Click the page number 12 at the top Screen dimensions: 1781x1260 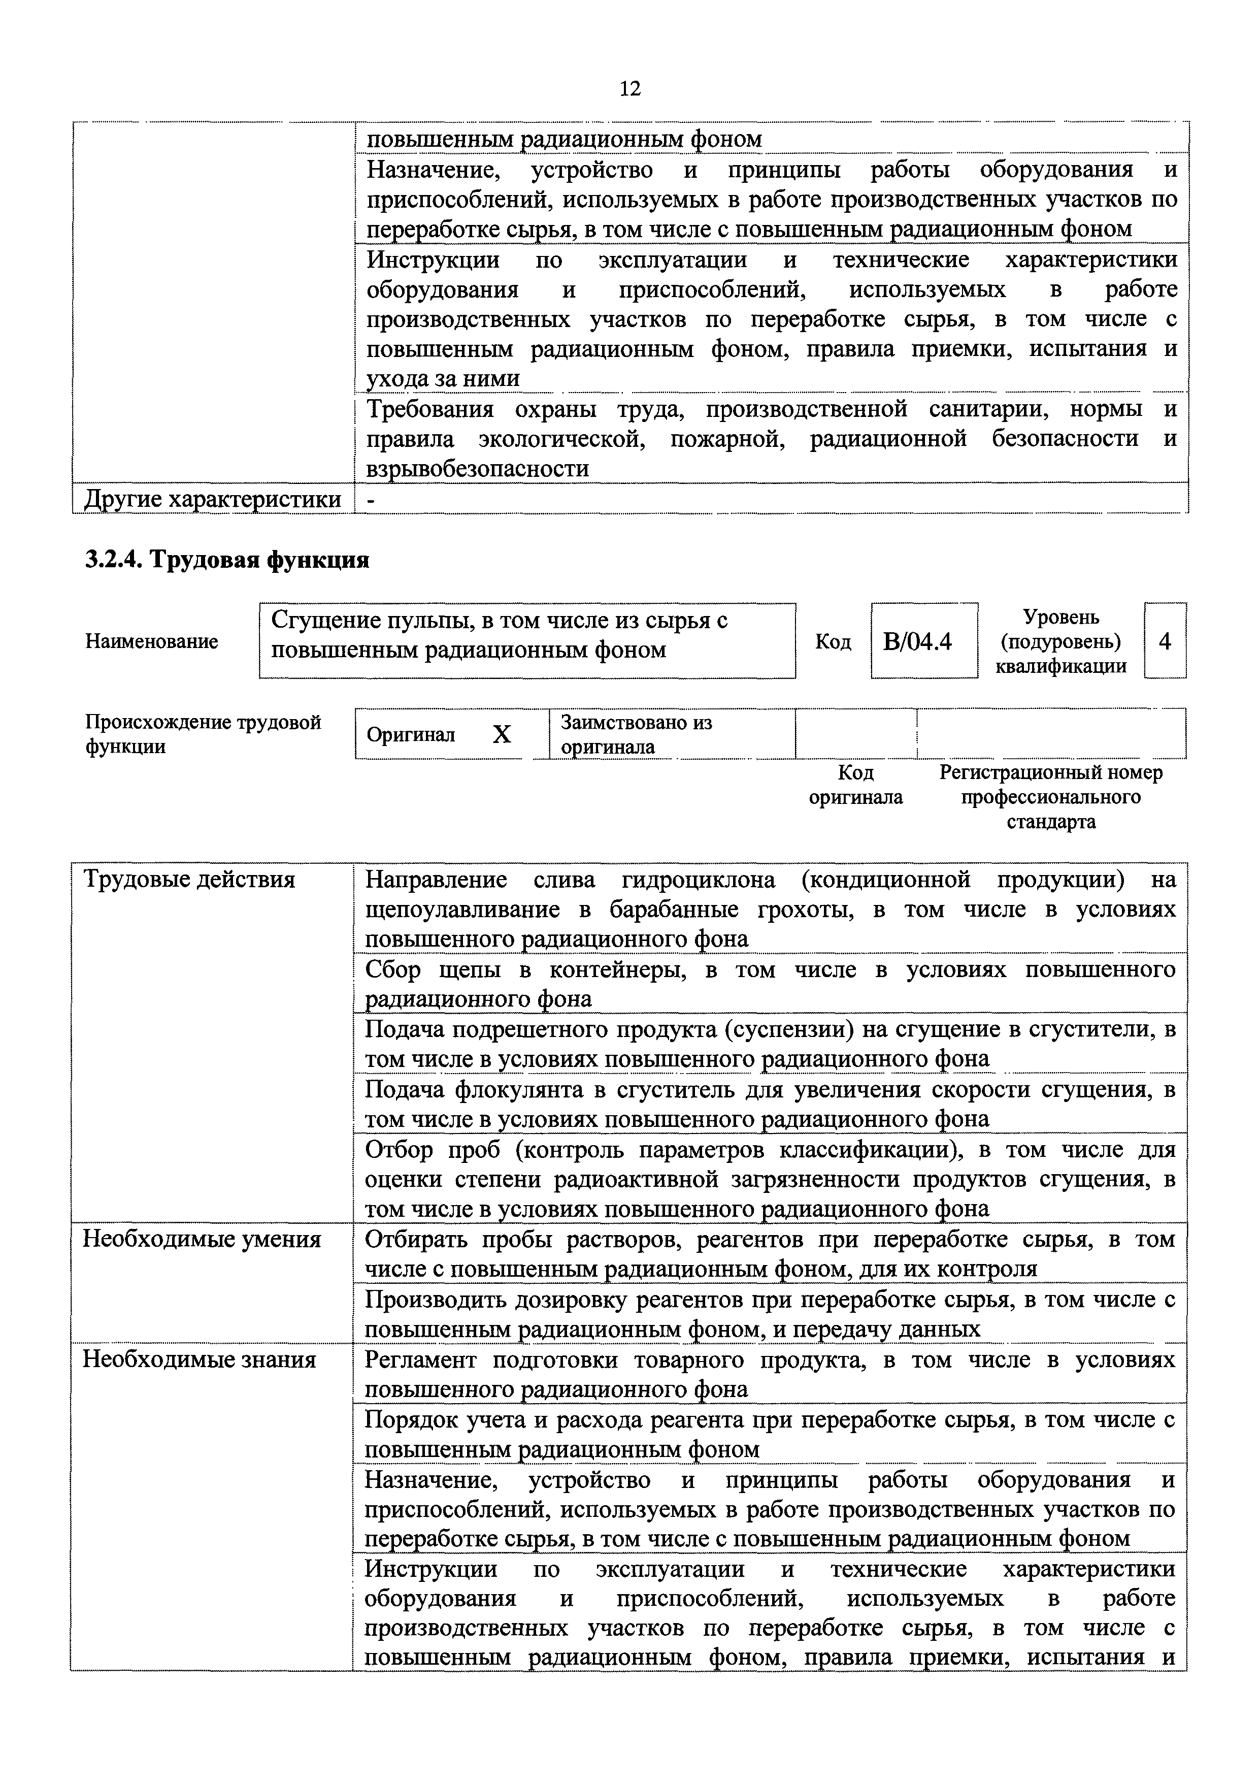coord(630,88)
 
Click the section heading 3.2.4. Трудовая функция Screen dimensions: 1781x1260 coord(226,559)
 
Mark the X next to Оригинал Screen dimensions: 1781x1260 coord(502,734)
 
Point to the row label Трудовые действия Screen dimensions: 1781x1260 coord(189,879)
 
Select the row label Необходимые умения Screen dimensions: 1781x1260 coord(202,1239)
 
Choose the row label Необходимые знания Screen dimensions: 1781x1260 coord(200,1359)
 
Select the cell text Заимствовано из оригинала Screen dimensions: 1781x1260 coord(636,734)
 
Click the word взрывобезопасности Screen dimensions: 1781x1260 coord(477,469)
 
